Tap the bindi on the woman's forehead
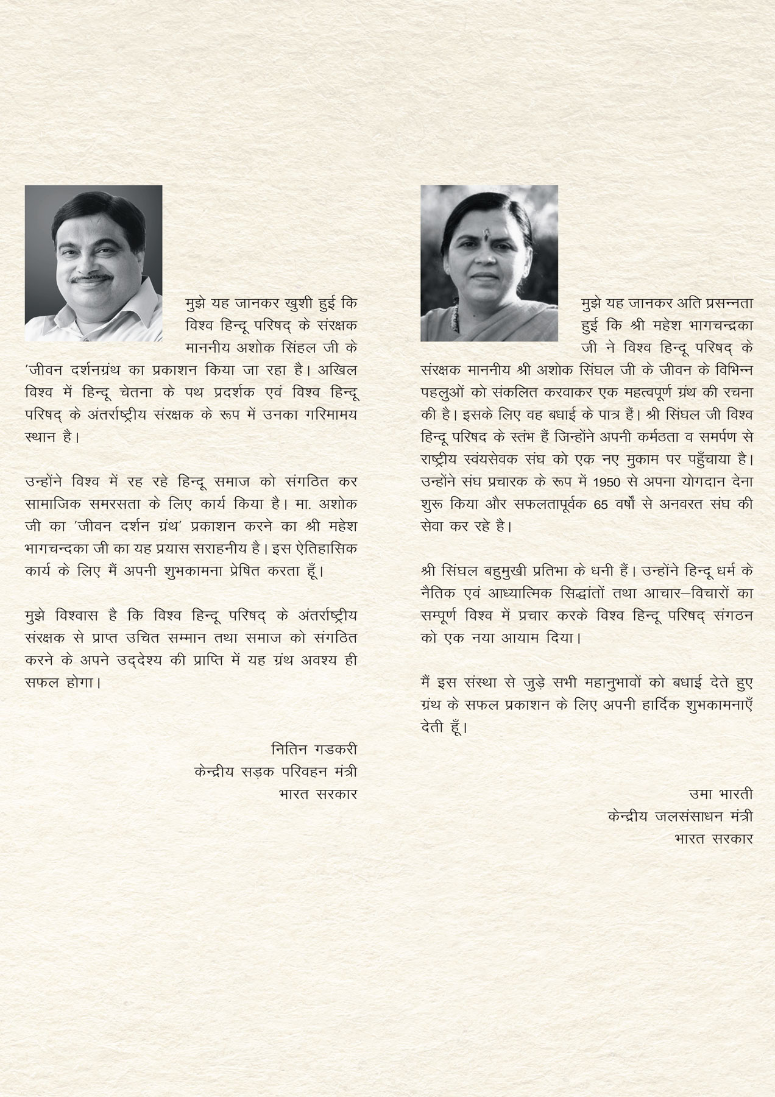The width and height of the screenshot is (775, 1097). pyautogui.click(x=488, y=232)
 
